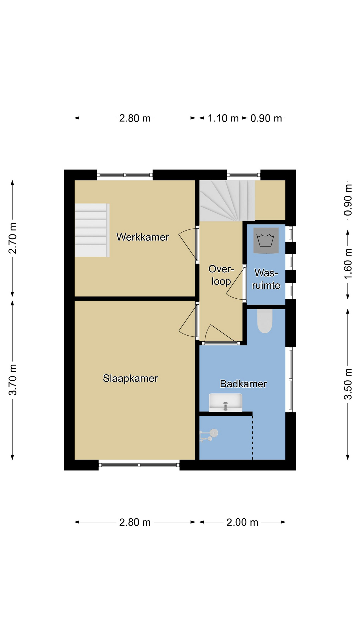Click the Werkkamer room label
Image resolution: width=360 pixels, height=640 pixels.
point(143,237)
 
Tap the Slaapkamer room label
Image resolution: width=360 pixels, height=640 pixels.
point(130,378)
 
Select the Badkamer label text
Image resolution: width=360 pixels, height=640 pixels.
point(243,384)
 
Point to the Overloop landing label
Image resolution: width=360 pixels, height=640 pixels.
point(221,275)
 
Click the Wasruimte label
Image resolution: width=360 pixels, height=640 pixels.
point(266,279)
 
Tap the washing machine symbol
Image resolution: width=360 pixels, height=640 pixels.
point(266,240)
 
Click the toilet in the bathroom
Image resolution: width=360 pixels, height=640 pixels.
point(265,321)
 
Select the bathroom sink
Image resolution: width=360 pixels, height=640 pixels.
point(225,402)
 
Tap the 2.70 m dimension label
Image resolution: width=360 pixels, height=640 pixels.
point(13,238)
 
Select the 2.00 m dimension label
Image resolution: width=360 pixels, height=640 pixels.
point(242,522)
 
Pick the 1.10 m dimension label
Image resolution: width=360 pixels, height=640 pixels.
point(223,118)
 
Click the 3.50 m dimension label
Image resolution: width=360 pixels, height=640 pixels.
point(348,384)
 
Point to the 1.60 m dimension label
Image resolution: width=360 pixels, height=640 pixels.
point(348,264)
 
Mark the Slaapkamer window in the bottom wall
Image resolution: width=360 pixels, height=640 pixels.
point(139,465)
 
